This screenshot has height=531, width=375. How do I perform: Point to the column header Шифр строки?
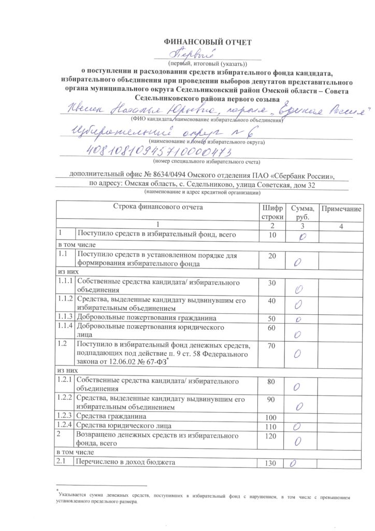coord(273,212)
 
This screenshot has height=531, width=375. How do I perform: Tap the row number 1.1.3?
coord(65,316)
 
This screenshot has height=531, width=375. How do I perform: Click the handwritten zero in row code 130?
coord(293,463)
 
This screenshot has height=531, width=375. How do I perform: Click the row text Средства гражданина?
coord(110,416)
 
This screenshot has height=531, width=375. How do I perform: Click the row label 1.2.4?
coord(65,426)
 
